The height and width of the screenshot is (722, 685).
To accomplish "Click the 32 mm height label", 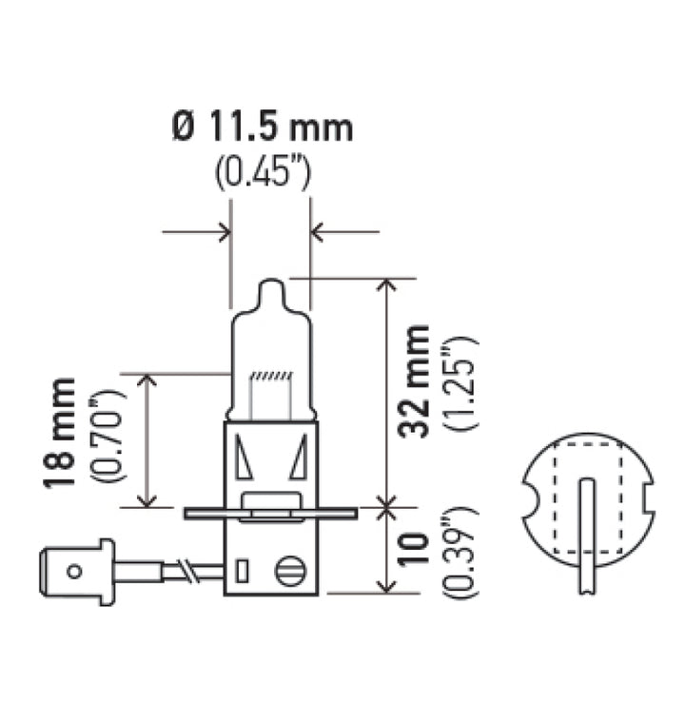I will pyautogui.click(x=414, y=381).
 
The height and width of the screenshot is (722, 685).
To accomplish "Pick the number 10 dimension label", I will pyautogui.click(x=414, y=550).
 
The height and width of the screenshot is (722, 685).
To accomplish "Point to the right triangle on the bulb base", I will pyautogui.click(x=299, y=459).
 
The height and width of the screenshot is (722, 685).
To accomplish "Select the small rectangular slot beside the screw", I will pyautogui.click(x=243, y=571).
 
